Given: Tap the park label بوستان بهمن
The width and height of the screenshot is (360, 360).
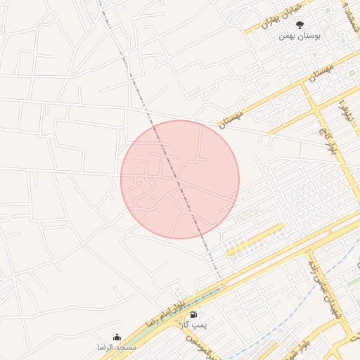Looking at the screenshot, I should point(300,34).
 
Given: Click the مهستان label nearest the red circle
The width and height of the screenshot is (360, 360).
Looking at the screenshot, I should point(231,115).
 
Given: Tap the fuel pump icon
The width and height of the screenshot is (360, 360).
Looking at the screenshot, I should point(193,314).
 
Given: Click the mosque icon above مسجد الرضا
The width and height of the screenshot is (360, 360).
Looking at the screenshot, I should point(117,337).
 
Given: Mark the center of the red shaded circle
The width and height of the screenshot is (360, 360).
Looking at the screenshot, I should point(180,179).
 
